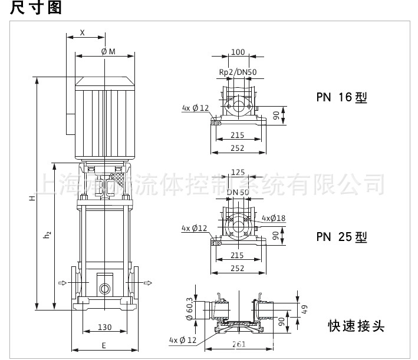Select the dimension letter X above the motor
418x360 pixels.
pyautogui.click(x=83, y=33)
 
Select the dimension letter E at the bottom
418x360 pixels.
pyautogui.click(x=104, y=345)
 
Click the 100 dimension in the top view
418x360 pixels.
pyautogui.click(x=238, y=52)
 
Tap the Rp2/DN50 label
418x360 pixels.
pyautogui.click(x=238, y=72)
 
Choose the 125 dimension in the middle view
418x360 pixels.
pyautogui.click(x=238, y=173)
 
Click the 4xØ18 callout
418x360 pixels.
pyautogui.click(x=273, y=218)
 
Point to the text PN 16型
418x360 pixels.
pyautogui.click(x=341, y=98)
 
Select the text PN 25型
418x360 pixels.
pyautogui.click(x=341, y=237)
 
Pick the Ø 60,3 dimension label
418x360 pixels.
pyautogui.click(x=190, y=309)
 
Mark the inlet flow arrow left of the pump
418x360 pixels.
pyautogui.click(x=63, y=283)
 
